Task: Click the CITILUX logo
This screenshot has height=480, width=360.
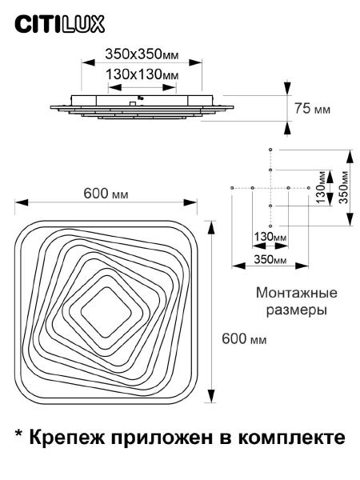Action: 60,24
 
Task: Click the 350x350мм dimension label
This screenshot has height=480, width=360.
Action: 142,54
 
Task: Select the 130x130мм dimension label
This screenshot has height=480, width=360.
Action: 142,74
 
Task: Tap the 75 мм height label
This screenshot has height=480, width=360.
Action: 312,108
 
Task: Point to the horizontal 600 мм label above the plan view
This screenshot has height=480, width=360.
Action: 106,194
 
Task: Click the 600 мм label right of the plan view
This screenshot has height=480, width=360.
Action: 244,339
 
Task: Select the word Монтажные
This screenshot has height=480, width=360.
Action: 297,293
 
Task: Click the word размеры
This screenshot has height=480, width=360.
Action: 297,310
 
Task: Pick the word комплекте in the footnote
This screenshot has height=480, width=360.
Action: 292,437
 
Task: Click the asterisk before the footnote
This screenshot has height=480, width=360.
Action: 18,434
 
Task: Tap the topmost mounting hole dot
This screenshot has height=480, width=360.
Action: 270,150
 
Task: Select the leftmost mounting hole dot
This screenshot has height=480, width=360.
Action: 232,188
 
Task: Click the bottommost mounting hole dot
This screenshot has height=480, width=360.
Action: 270,226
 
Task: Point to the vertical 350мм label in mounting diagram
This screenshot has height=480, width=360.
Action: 344,187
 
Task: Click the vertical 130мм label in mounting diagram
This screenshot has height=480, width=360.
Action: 321,187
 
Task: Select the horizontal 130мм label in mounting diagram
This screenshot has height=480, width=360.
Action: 270,237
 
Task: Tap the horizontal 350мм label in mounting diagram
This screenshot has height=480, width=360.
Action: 270,259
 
